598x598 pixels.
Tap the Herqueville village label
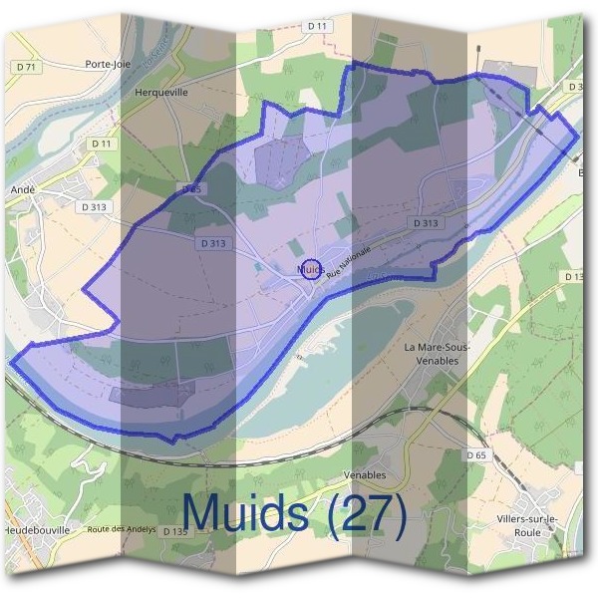coord(160,90)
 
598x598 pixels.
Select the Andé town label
coord(22,187)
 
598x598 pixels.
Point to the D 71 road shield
coord(27,67)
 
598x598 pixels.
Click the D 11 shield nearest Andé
coord(102,144)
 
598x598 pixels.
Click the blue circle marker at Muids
coord(311,269)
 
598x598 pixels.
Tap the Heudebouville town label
coord(37,530)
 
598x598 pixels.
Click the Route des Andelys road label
coord(123,530)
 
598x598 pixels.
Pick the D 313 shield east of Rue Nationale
coord(424,223)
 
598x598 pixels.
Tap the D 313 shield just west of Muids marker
coord(213,242)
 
